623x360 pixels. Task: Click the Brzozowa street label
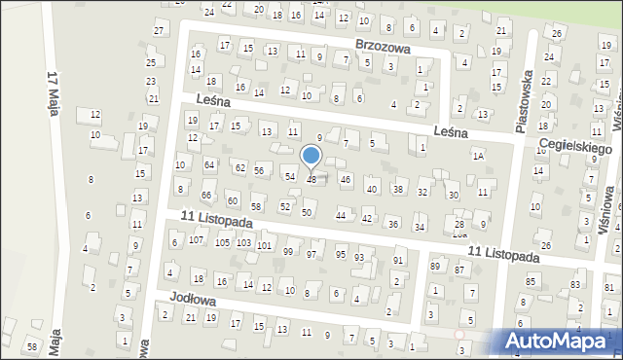pyautogui.click(x=383, y=47)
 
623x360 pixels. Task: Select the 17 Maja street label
pyautogui.click(x=55, y=93)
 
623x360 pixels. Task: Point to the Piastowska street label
pyautogui.click(x=528, y=93)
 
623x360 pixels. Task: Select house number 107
pyautogui.click(x=196, y=239)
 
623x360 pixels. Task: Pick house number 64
pyautogui.click(x=209, y=165)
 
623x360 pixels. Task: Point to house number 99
pyautogui.click(x=287, y=252)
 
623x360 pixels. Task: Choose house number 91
pyautogui.click(x=397, y=261)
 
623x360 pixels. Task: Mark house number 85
pyautogui.click(x=531, y=282)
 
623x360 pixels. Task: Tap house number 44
pyautogui.click(x=341, y=215)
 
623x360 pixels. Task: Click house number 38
pyautogui.click(x=397, y=189)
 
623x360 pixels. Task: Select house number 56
pyautogui.click(x=259, y=170)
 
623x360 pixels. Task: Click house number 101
pyautogui.click(x=264, y=245)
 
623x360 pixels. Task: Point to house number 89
pyautogui.click(x=434, y=267)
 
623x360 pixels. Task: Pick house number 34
pyautogui.click(x=420, y=228)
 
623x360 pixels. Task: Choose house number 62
pyautogui.click(x=239, y=167)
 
